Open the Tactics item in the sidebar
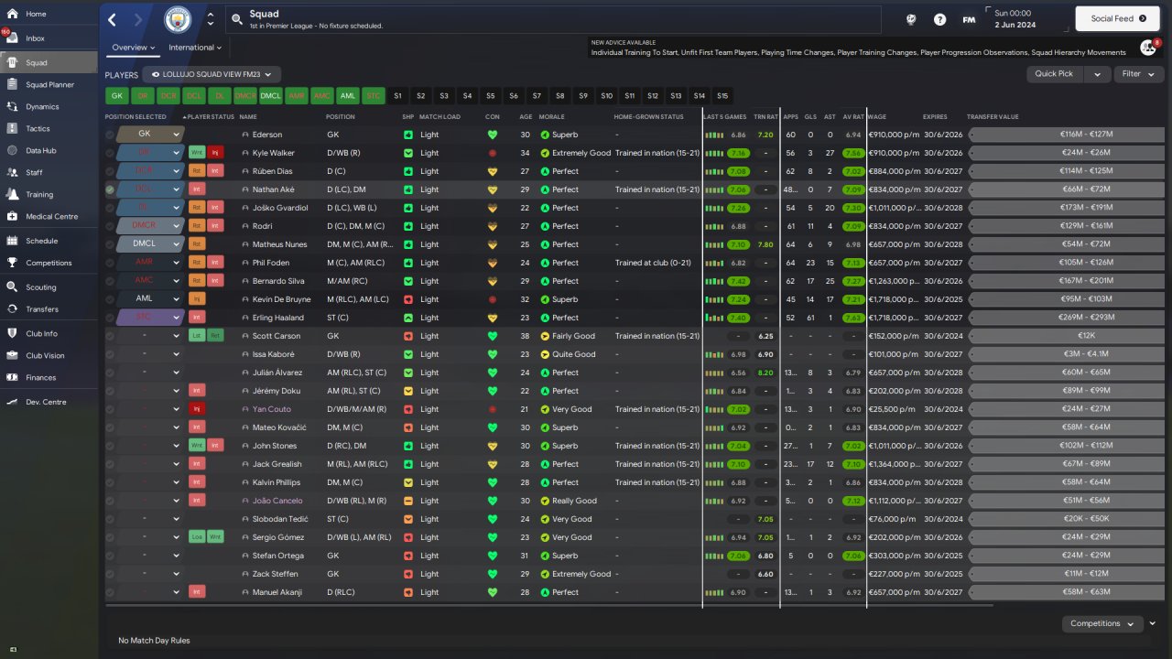38,129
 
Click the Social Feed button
1118,18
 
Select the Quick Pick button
1054,74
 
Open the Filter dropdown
1137,74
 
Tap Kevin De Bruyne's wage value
893,299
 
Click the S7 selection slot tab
537,95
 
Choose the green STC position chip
373,95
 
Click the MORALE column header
552,117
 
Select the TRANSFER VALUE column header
993,117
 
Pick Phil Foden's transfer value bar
1068,263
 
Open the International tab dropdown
195,48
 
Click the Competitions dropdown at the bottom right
1101,623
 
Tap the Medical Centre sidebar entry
51,217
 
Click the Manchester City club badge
178,19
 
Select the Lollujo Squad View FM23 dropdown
215,74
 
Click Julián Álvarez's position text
355,373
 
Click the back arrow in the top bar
112,19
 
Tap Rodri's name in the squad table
263,226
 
